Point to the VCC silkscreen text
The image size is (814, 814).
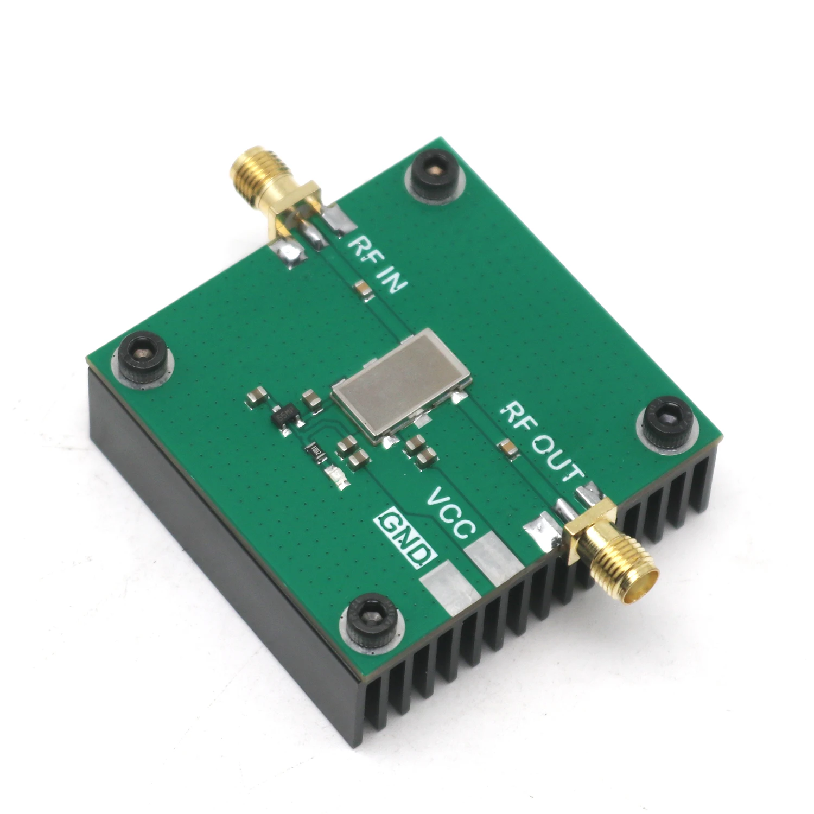click(451, 513)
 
